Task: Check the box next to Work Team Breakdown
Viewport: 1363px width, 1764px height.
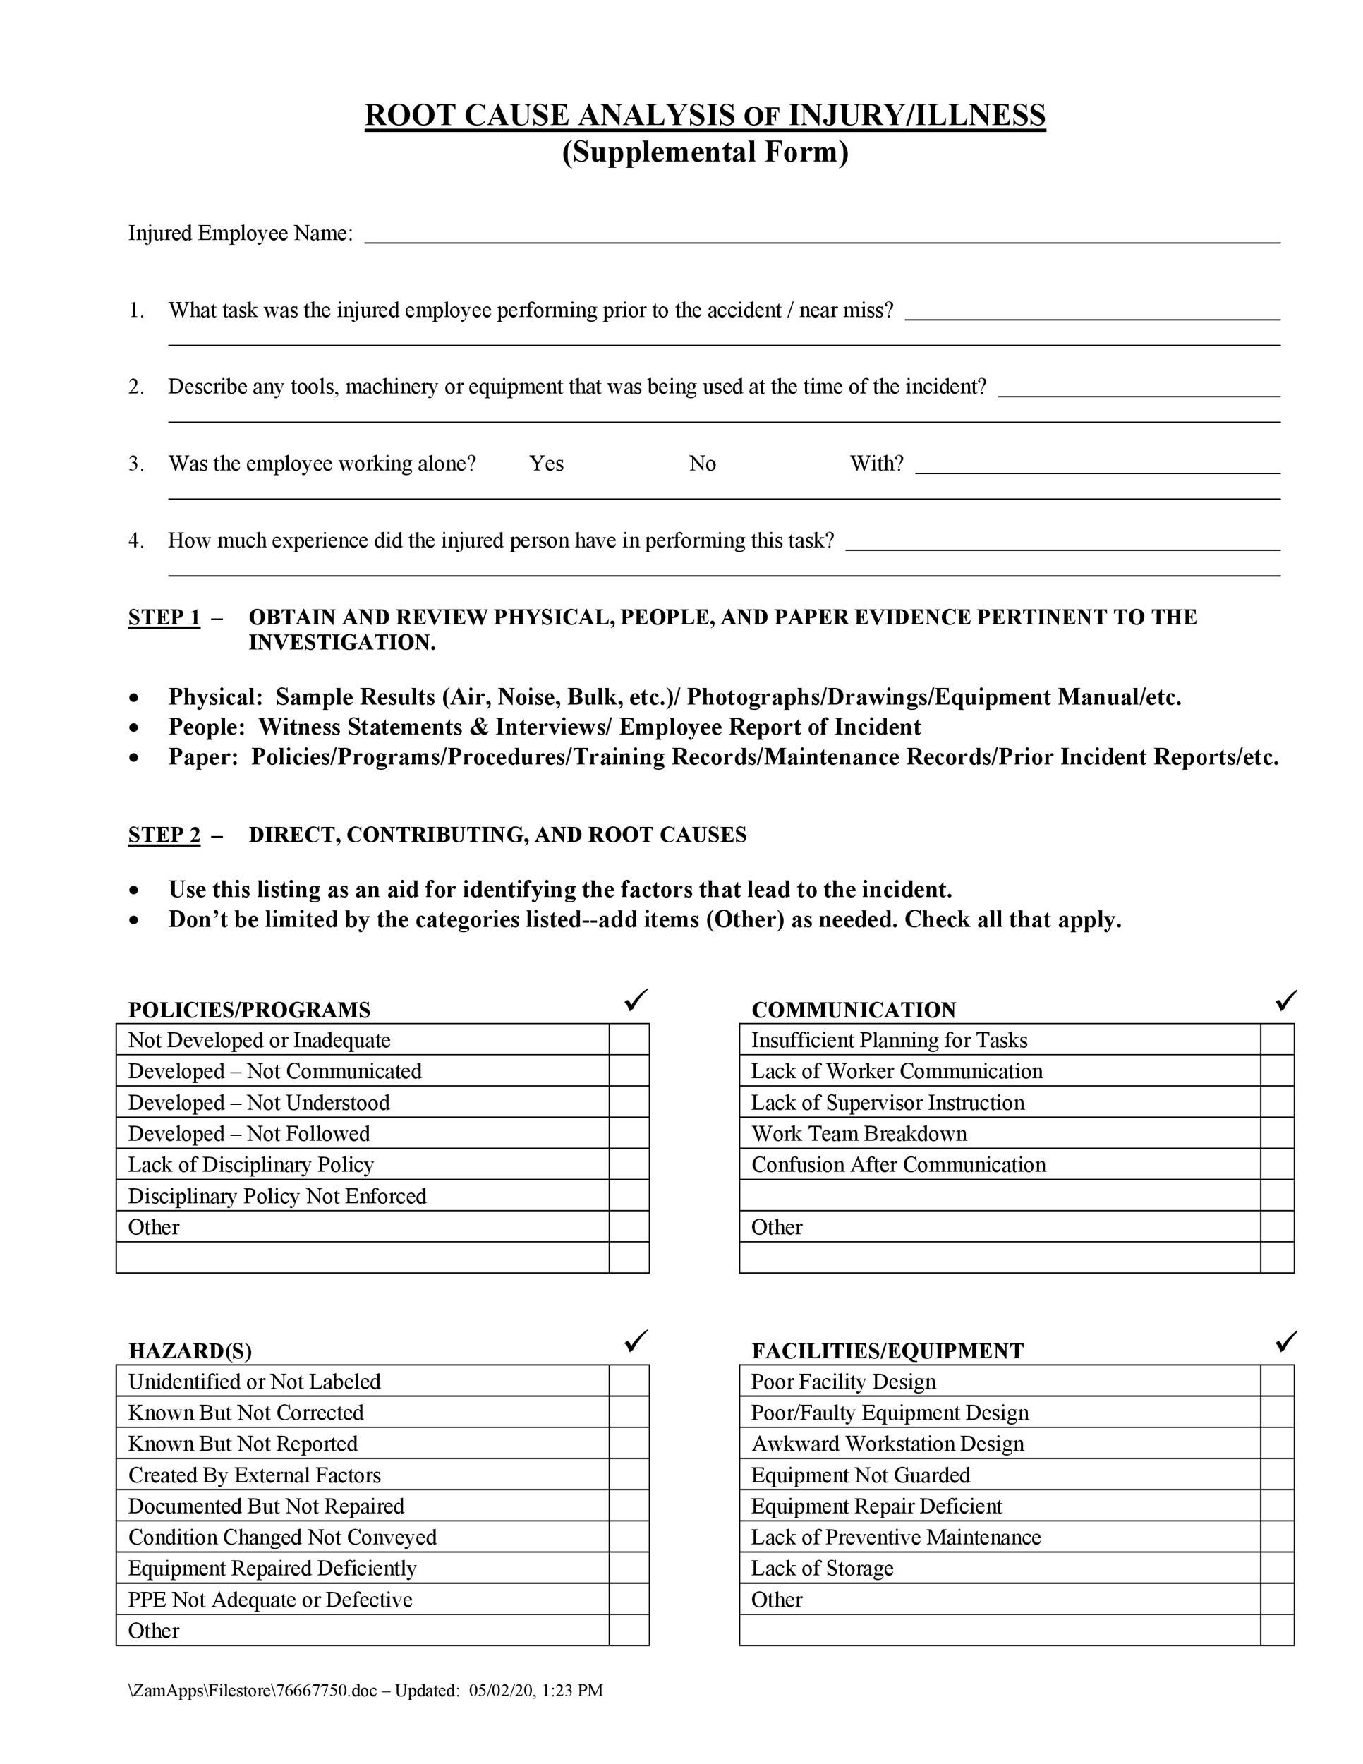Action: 1277,1133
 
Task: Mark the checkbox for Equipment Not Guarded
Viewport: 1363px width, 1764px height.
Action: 1277,1475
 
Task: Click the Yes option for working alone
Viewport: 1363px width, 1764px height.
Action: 546,464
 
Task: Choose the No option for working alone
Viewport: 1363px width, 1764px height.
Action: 702,464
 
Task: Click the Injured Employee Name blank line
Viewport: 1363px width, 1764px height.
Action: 821,234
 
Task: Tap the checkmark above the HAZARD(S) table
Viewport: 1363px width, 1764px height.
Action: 636,1341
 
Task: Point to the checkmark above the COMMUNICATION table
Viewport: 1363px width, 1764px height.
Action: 1285,1001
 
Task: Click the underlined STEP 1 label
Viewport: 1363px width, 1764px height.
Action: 164,617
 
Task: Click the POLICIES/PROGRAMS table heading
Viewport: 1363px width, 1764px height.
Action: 249,1010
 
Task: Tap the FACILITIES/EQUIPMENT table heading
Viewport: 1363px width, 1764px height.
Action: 887,1351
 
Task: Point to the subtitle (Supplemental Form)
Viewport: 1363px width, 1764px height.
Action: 705,152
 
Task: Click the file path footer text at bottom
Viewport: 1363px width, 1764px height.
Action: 365,1691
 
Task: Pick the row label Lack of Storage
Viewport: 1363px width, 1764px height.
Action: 822,1568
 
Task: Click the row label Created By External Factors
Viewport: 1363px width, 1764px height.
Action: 255,1475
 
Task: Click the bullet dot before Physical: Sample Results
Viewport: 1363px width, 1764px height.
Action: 134,698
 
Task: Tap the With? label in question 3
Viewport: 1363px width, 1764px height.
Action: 876,464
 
